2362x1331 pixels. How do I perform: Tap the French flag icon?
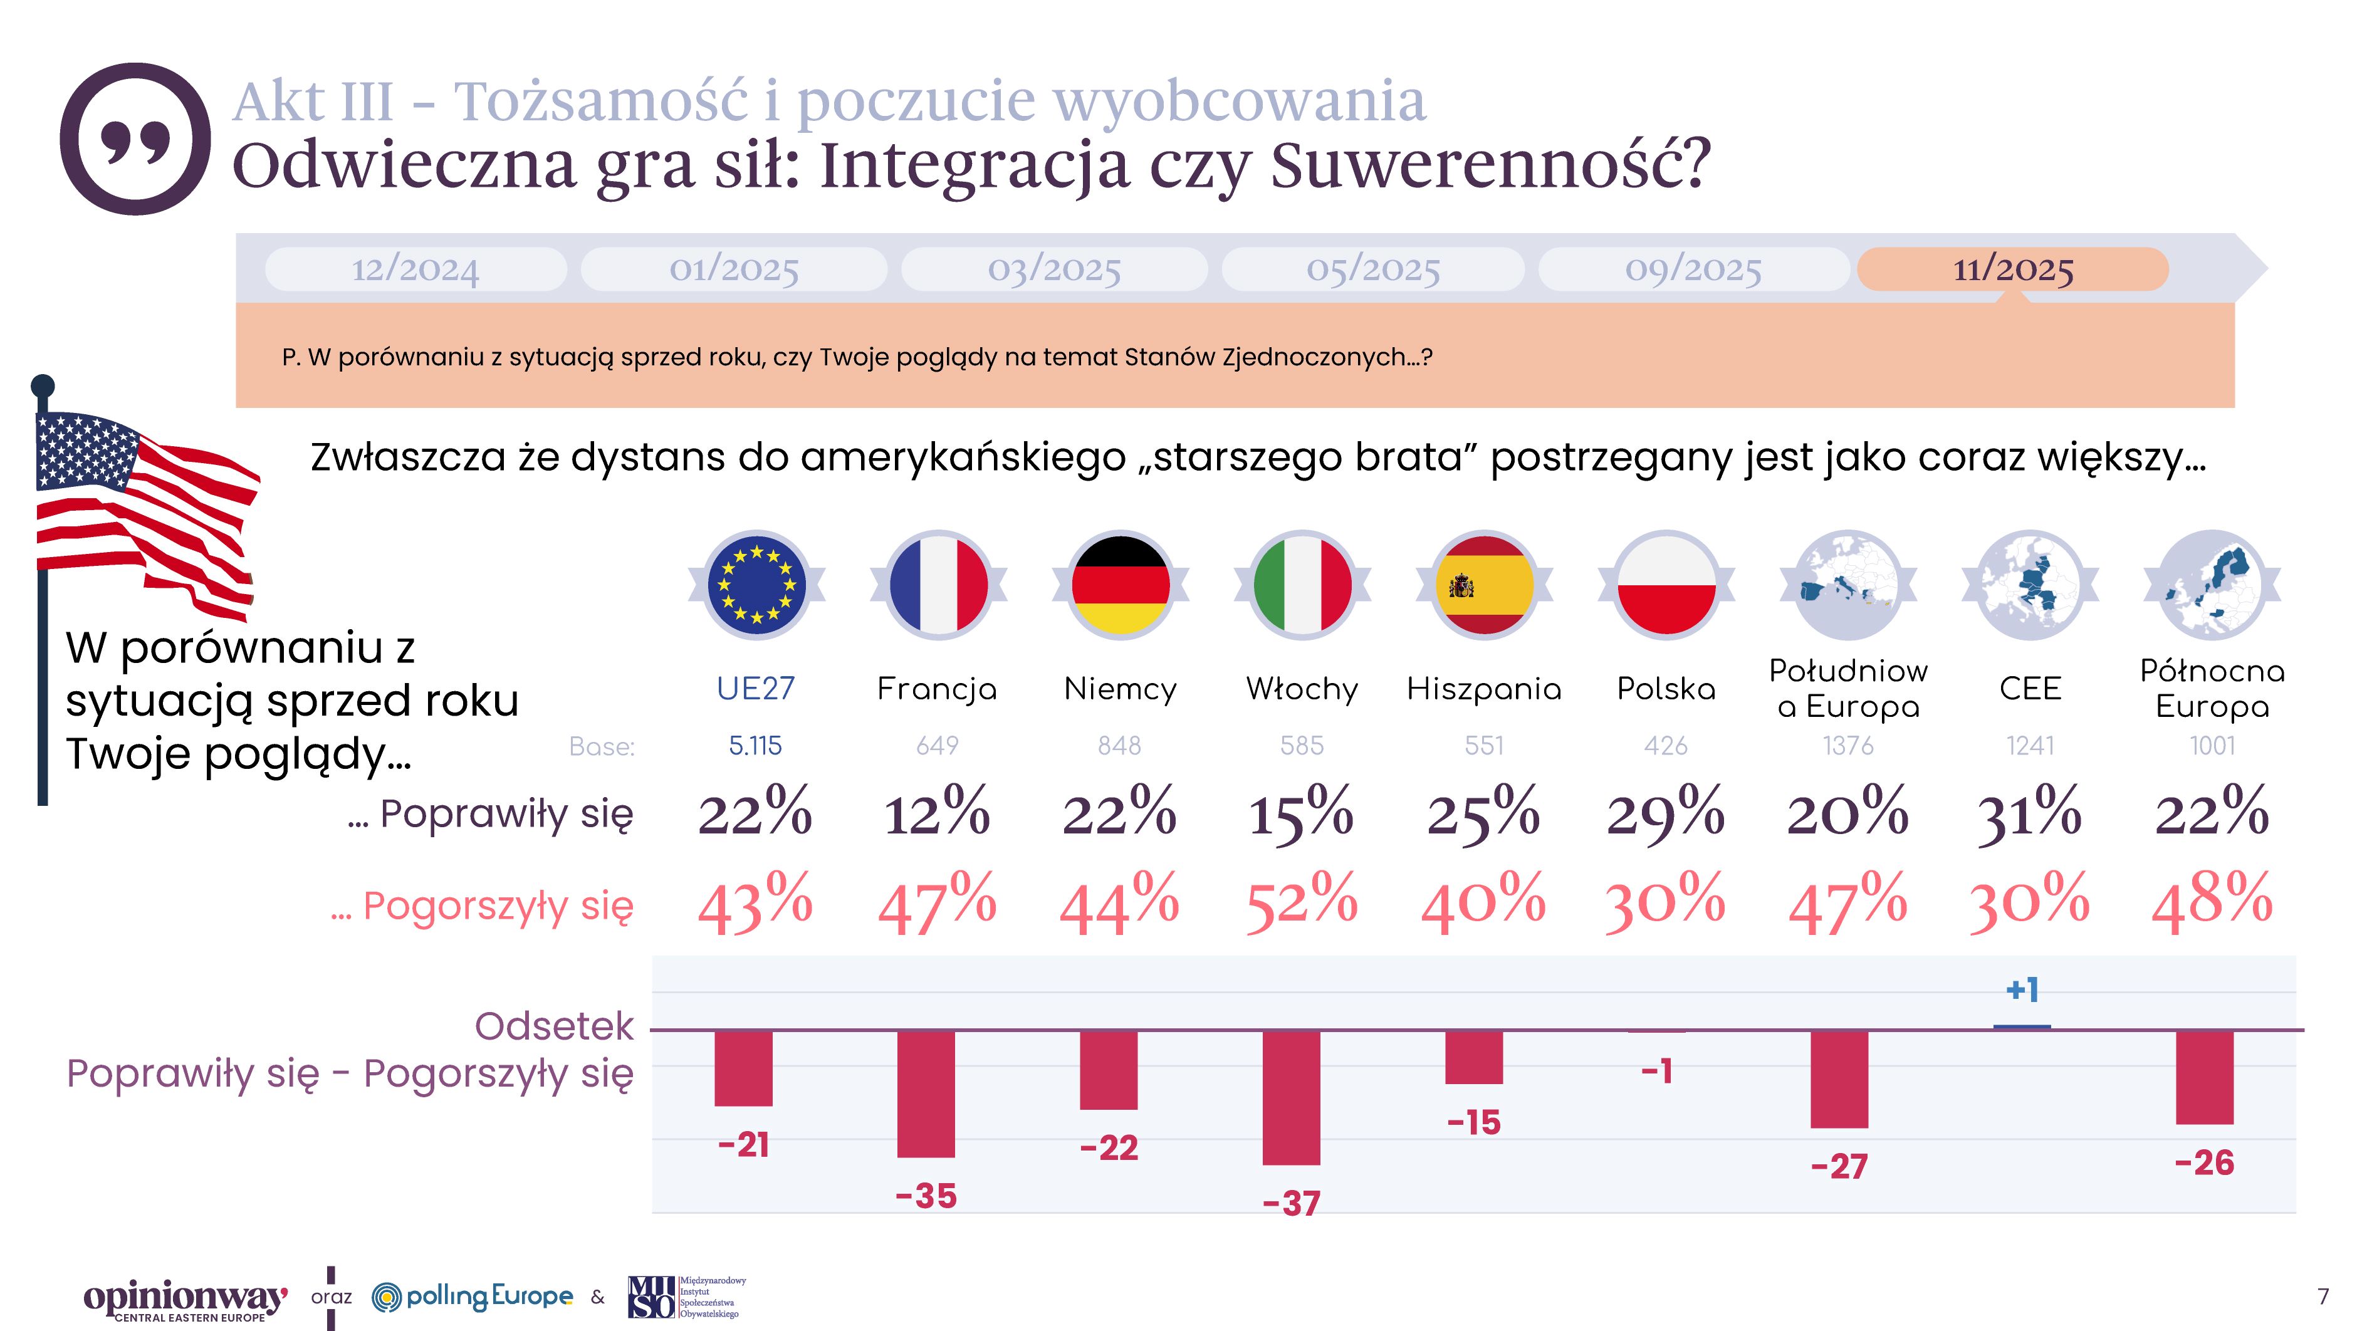(938, 585)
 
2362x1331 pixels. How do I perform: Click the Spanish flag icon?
(1483, 585)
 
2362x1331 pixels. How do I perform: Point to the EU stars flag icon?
(756, 585)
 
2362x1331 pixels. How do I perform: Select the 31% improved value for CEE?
(2029, 813)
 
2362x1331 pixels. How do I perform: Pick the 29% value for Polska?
(1665, 813)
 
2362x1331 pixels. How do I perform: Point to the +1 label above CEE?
(2022, 990)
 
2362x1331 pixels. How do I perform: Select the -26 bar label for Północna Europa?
(2204, 1163)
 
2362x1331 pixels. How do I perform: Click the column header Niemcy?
(1119, 689)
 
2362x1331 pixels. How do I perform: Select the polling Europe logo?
(473, 1296)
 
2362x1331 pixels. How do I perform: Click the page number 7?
(2322, 1296)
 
